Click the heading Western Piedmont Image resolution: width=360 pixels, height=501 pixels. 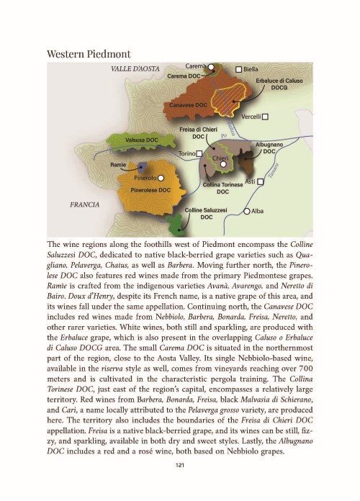point(89,54)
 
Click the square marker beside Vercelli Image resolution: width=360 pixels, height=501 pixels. point(265,116)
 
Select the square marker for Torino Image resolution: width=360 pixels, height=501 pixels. point(199,154)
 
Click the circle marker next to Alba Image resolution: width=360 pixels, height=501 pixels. point(247,212)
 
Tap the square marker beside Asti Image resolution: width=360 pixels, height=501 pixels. point(261,181)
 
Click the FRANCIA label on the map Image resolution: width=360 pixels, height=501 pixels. point(84,205)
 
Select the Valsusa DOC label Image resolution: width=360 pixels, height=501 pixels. point(141,139)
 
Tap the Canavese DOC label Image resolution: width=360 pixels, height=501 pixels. point(188,106)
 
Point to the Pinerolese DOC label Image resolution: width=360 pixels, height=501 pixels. point(150,190)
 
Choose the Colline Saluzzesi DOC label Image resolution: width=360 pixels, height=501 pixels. point(206,212)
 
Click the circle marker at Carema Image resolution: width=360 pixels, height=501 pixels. point(212,68)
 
